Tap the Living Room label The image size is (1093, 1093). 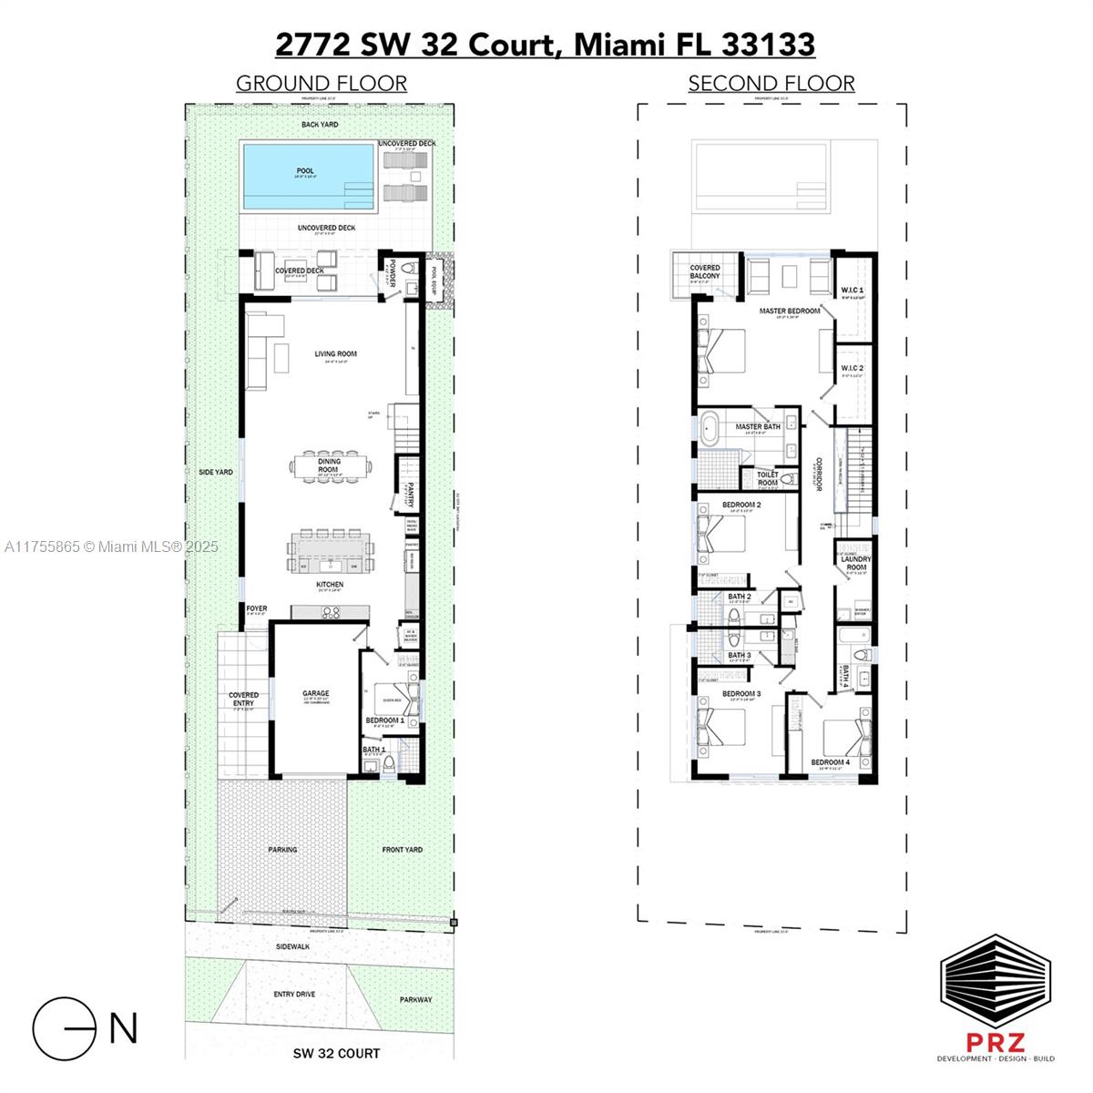(335, 354)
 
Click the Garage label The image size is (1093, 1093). (316, 694)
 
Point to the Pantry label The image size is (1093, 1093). (411, 496)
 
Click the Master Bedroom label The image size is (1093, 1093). (790, 311)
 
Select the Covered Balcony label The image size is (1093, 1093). (705, 272)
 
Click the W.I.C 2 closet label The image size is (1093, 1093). (852, 367)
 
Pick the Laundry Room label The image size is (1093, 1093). (855, 563)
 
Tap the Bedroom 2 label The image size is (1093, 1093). (741, 505)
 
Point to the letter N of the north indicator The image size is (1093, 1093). (123, 1027)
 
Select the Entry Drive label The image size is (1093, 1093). (294, 994)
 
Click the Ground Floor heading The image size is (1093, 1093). (321, 84)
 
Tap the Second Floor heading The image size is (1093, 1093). (771, 84)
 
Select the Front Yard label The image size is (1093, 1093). (402, 850)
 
